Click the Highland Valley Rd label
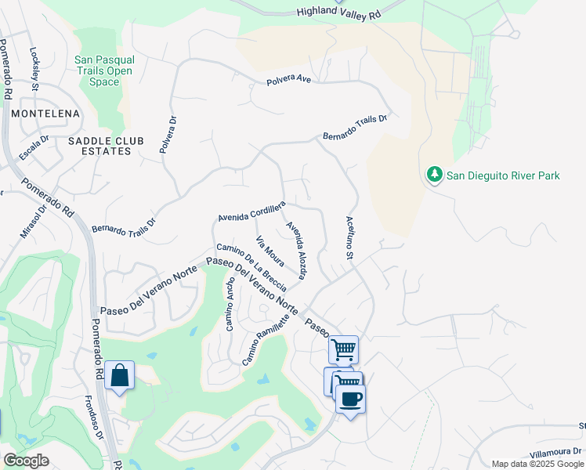338,13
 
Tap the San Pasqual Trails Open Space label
104,70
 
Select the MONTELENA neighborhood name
45,114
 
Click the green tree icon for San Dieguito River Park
434,175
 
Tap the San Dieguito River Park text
503,176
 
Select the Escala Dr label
34,147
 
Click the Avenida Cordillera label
251,210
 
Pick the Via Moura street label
270,251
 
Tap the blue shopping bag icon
119,375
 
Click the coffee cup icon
350,398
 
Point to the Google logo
27,461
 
